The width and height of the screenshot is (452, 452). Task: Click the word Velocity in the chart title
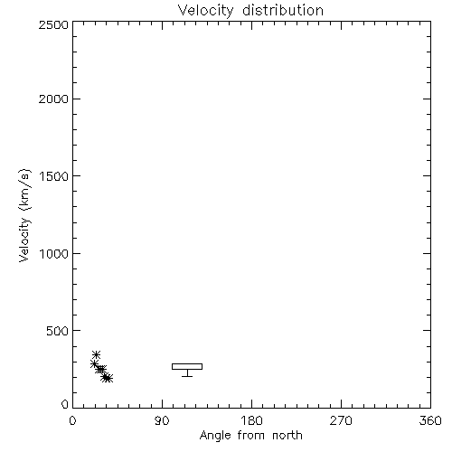click(x=206, y=11)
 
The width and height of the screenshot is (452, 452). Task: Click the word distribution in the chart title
click(x=283, y=10)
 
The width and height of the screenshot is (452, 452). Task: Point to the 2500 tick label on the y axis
click(x=53, y=24)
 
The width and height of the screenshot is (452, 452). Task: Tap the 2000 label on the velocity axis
click(x=53, y=99)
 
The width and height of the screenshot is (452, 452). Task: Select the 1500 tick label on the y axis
click(x=54, y=176)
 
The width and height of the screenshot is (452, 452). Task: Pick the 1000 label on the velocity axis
click(x=54, y=253)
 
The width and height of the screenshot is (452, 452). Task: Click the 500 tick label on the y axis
click(x=58, y=331)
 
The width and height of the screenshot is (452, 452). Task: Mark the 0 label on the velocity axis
click(x=65, y=404)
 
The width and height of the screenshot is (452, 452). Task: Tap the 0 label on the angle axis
click(x=72, y=420)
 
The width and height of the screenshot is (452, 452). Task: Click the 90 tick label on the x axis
click(x=162, y=420)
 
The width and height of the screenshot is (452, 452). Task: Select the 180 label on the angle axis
click(x=251, y=420)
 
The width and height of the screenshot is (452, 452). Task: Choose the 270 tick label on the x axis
click(x=341, y=420)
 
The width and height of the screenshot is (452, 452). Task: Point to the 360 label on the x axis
click(x=430, y=420)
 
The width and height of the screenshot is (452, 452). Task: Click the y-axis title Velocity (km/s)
click(x=24, y=215)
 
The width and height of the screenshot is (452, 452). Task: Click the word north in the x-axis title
click(x=287, y=436)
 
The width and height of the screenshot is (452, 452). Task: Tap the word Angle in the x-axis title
click(x=215, y=436)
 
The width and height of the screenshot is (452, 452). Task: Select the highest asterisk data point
click(x=96, y=354)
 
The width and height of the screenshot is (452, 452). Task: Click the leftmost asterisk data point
click(x=94, y=364)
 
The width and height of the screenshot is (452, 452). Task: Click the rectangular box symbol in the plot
click(x=187, y=363)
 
